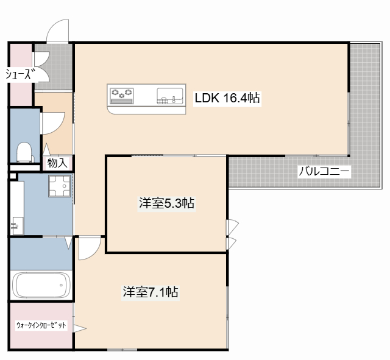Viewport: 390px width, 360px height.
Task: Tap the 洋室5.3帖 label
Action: pos(166,203)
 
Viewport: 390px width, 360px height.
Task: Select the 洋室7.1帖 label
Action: pos(150,292)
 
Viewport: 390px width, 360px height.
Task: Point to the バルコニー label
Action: pos(324,171)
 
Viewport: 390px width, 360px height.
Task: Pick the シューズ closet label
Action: pos(19,74)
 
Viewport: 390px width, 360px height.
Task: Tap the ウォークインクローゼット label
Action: pos(41,325)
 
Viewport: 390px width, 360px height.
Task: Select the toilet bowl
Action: pos(25,152)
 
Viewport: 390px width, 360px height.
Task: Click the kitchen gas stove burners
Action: pos(122,94)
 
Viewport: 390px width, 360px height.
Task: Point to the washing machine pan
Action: pos(60,186)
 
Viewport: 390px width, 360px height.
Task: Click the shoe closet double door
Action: pos(41,66)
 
